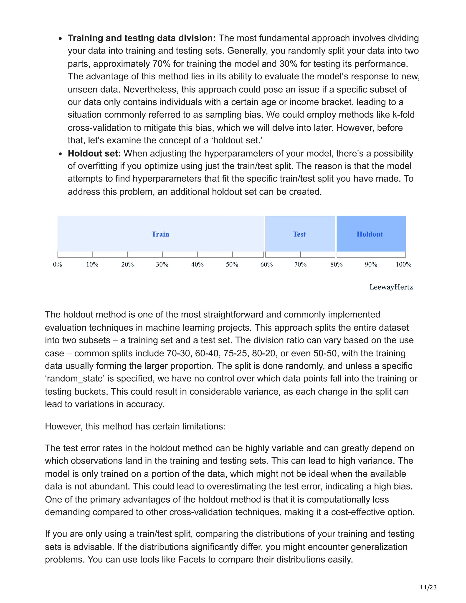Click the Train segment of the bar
tap(160, 234)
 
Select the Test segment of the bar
tap(299, 234)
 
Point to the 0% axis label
tap(57, 264)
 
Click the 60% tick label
tap(267, 264)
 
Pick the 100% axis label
tap(404, 264)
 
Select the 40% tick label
tap(197, 264)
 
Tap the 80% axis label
tap(337, 264)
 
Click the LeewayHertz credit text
tap(391, 287)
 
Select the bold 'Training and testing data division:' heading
tap(142, 38)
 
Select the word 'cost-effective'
tap(357, 512)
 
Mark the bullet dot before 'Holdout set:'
tap(61, 154)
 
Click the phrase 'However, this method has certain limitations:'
tap(135, 426)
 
